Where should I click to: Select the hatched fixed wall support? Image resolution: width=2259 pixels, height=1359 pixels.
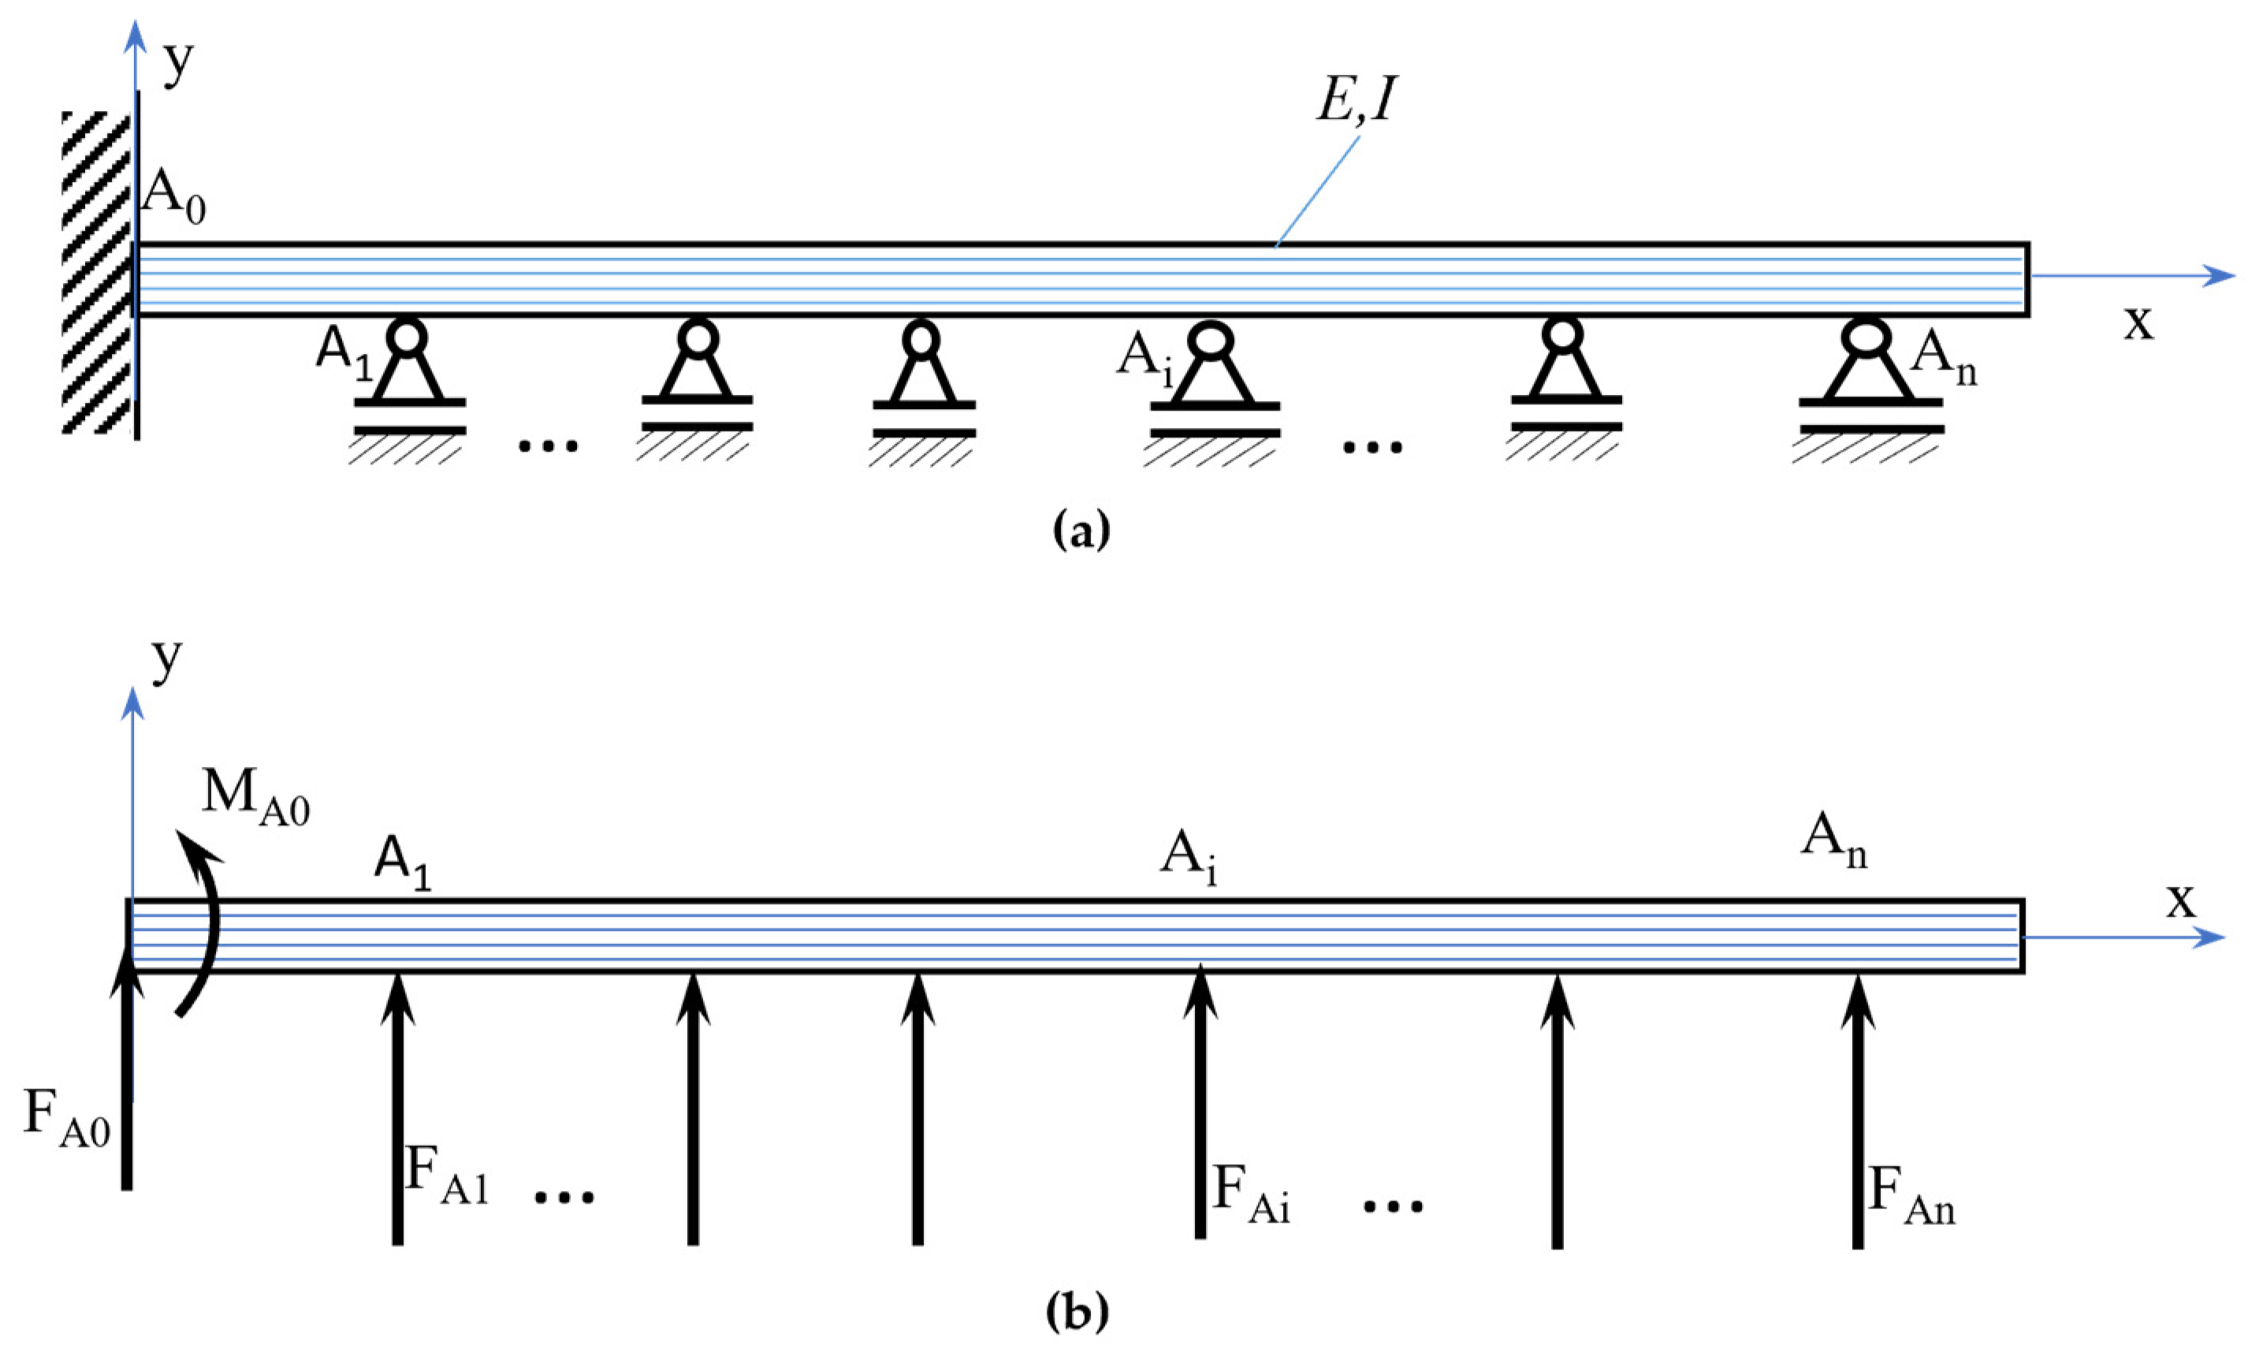point(97,271)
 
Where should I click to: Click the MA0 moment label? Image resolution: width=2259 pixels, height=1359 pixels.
point(255,794)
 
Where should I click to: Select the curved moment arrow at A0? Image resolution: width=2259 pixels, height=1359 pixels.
point(205,925)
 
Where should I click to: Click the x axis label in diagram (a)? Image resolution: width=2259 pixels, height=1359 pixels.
point(2138,322)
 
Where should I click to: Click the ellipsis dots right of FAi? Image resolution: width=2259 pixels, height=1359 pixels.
point(1393,1206)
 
